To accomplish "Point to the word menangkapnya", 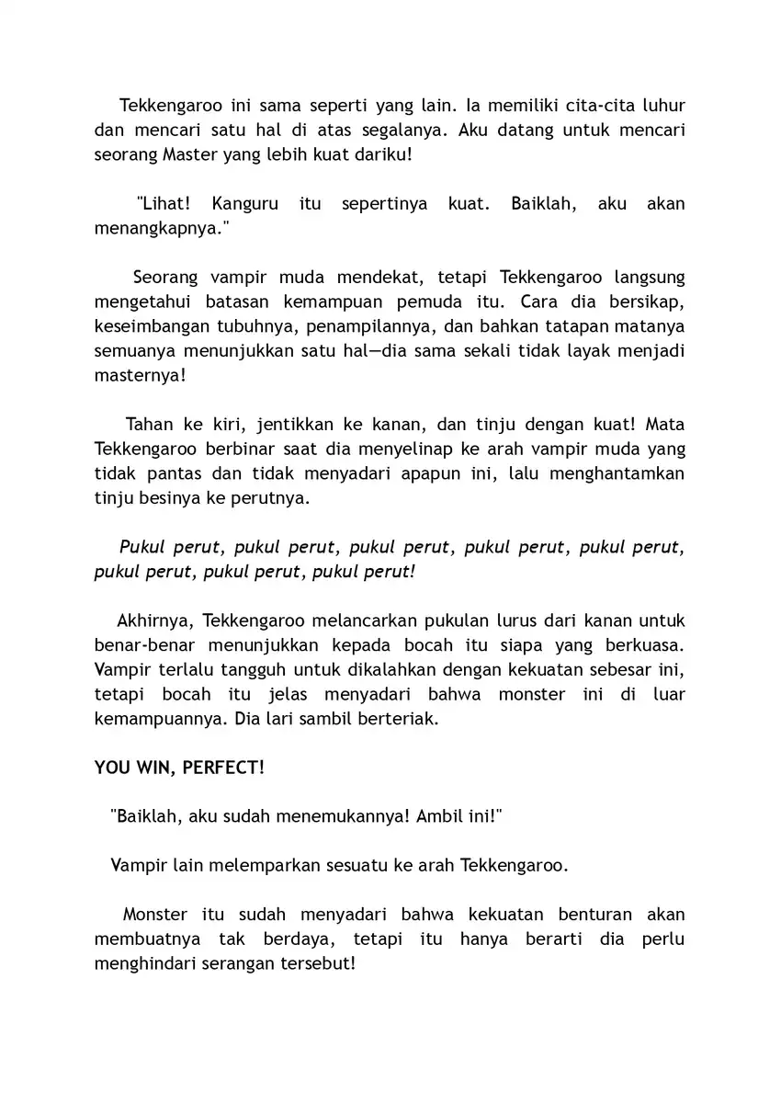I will (161, 228).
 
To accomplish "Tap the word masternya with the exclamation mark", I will (141, 376).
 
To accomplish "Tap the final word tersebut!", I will (316, 964).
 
